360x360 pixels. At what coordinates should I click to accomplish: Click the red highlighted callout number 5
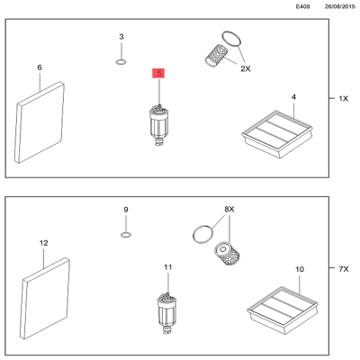click(x=159, y=74)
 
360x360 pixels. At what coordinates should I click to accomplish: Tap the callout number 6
click(x=39, y=67)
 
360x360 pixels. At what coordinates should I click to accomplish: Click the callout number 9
click(x=126, y=210)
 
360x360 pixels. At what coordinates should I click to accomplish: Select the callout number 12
click(x=42, y=243)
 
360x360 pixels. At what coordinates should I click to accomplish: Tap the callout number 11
click(x=167, y=268)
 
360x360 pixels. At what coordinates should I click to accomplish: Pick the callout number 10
click(x=299, y=269)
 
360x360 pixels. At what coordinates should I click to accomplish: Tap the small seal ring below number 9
click(x=126, y=235)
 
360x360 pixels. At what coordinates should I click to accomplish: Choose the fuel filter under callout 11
click(x=166, y=310)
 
